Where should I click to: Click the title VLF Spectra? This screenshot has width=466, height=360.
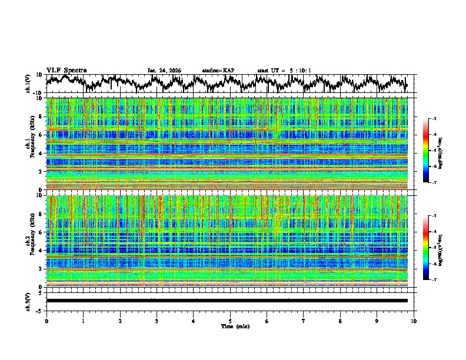[x=66, y=70]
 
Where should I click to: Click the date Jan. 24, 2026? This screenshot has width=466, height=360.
[x=164, y=71]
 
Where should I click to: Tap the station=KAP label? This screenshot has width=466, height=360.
[x=218, y=71]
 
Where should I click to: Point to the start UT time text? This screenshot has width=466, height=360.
[x=284, y=71]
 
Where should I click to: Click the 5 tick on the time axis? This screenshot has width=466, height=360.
[x=230, y=321]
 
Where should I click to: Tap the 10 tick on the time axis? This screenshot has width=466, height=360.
[x=414, y=321]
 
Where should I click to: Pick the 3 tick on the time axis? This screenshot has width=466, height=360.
[x=157, y=321]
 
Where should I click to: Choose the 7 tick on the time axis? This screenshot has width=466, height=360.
[x=304, y=321]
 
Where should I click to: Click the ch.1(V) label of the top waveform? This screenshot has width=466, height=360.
[x=29, y=83]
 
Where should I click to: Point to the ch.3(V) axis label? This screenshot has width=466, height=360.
[x=29, y=300]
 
